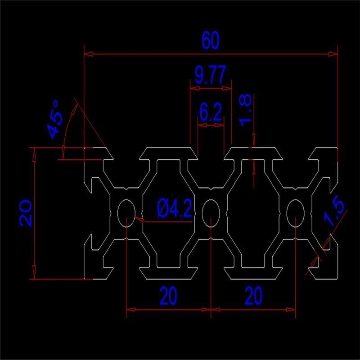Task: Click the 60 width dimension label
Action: (211, 41)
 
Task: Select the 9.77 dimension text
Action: (210, 74)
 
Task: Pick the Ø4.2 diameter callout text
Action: (175, 209)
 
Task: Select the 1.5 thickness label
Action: (335, 213)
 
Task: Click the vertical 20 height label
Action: (25, 213)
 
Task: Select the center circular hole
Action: (211, 213)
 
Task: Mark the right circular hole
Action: (295, 213)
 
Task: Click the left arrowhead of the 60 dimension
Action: (89, 54)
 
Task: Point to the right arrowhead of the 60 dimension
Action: (333, 54)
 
